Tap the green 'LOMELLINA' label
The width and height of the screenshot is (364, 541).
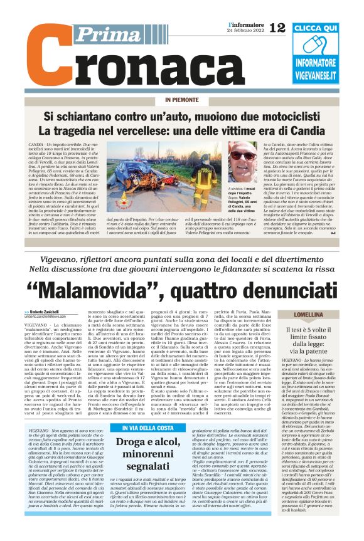tap(322, 315)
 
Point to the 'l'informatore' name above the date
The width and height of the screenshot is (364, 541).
tap(246, 24)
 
